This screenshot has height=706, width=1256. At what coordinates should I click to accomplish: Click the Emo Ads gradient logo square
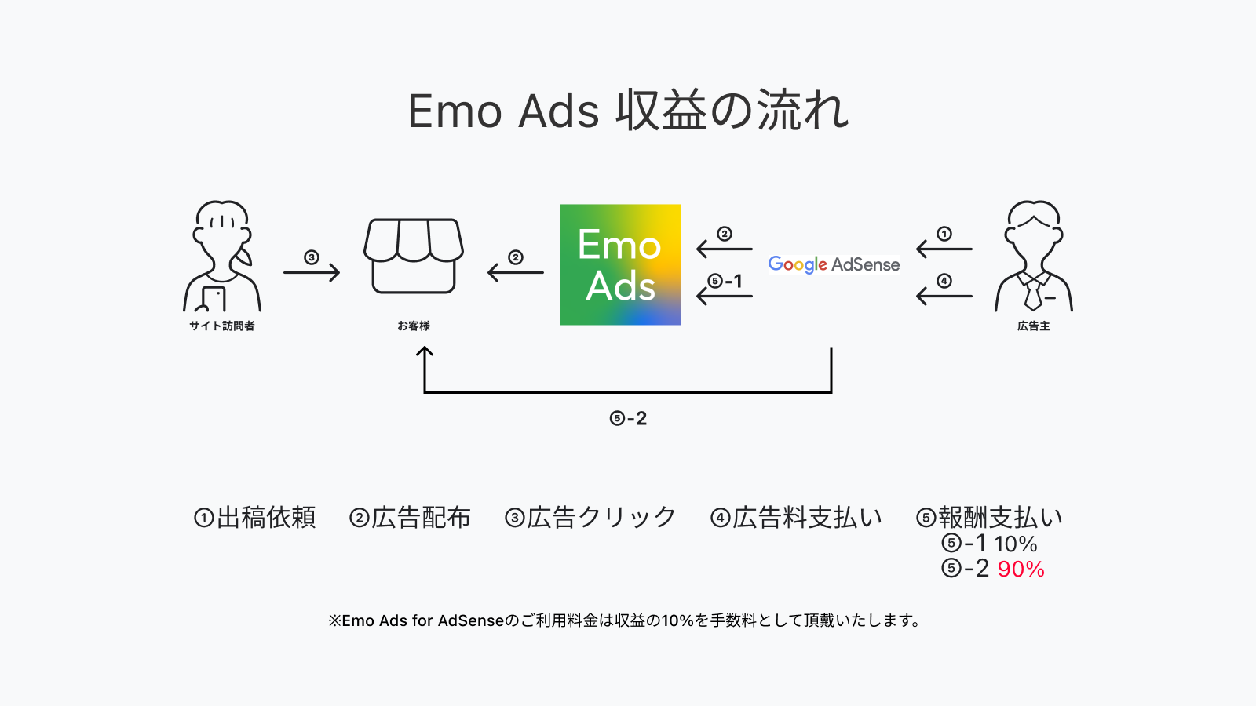click(619, 264)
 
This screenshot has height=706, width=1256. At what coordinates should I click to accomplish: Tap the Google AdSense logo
click(834, 264)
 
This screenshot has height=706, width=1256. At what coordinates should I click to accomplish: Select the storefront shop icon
click(414, 257)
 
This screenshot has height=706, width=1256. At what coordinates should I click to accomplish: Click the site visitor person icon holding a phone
click(222, 257)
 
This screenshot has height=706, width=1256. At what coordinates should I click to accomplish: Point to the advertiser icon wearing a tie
click(1033, 257)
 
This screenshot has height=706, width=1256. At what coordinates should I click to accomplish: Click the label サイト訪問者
click(222, 326)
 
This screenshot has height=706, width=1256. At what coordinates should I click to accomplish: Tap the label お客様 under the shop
click(414, 326)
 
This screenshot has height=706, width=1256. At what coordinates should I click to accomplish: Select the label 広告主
click(1033, 326)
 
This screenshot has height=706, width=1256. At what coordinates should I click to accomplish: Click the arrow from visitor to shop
click(312, 272)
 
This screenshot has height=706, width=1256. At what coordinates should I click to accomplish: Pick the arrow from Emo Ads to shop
click(516, 272)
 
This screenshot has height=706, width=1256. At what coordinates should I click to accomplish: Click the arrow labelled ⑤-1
click(725, 296)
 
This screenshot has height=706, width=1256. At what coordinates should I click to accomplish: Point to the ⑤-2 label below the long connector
click(628, 418)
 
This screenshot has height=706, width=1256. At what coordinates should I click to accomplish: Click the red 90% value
click(1020, 569)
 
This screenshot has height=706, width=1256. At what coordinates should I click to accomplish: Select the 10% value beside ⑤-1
click(1016, 544)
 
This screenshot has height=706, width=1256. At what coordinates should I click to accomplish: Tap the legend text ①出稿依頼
click(255, 518)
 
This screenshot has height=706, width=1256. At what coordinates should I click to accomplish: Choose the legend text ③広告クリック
click(590, 518)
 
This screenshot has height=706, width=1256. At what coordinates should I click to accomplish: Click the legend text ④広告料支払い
click(796, 518)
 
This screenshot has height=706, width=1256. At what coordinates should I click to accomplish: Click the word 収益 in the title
click(661, 111)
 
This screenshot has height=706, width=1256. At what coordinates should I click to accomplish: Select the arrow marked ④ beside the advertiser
click(944, 296)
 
